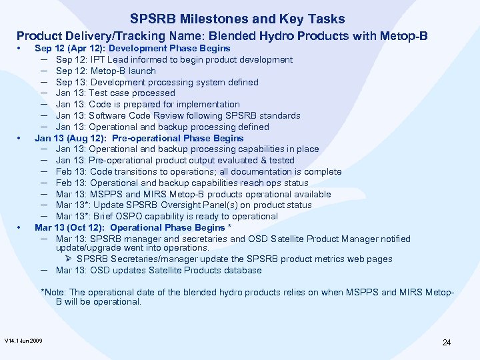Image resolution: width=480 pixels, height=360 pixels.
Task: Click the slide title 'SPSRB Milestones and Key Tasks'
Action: (x=237, y=19)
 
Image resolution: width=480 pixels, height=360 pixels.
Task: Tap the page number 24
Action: (x=446, y=343)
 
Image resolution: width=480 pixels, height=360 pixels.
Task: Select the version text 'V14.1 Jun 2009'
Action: (x=23, y=341)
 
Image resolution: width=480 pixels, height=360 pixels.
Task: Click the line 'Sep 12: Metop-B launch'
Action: (x=105, y=71)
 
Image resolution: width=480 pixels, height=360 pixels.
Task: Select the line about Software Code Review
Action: (x=178, y=115)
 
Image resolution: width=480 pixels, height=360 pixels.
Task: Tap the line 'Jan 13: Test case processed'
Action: (x=115, y=93)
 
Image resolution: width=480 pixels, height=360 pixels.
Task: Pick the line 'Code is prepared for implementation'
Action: (x=147, y=104)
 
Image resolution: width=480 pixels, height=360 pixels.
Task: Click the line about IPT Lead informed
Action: (x=174, y=59)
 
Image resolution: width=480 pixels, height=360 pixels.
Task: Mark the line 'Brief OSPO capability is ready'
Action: (x=167, y=216)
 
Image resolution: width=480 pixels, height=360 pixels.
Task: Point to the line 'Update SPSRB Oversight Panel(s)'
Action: (x=183, y=205)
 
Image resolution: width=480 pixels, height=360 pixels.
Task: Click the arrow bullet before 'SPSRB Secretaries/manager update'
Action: (x=69, y=259)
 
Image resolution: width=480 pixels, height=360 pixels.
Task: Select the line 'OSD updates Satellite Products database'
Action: (x=159, y=270)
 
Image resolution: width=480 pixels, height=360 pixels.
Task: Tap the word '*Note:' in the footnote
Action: (x=53, y=292)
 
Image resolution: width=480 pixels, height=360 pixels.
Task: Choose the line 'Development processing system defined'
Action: (x=157, y=82)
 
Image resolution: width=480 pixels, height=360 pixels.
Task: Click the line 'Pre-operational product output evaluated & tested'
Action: (x=175, y=160)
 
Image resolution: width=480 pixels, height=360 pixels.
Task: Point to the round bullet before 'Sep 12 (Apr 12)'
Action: (x=21, y=49)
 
